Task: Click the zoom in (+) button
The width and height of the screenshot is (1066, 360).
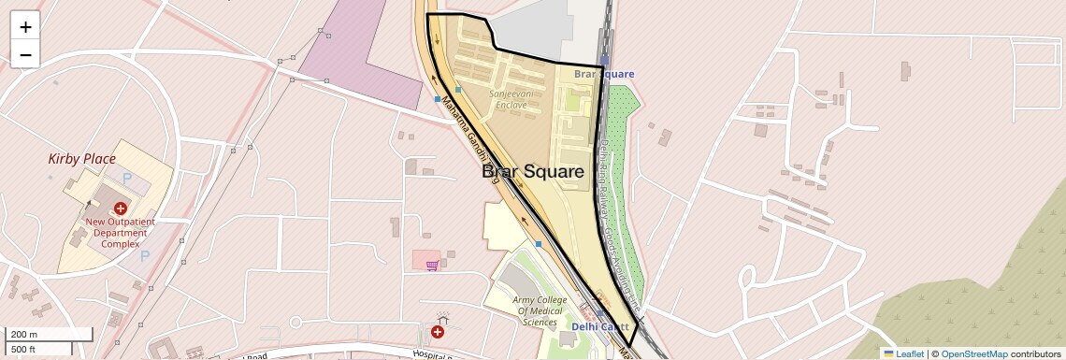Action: point(25,27)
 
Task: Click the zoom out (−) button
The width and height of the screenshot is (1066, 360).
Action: point(25,54)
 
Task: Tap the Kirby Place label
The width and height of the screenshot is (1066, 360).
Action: point(81,159)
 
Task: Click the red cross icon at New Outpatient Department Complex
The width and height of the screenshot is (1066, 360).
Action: point(120,209)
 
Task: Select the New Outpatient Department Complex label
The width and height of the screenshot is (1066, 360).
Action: point(120,233)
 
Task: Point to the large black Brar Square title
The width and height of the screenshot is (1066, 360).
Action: point(533,172)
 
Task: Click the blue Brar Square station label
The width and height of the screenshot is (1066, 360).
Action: point(604,73)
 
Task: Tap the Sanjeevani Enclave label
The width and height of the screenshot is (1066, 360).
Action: point(509,99)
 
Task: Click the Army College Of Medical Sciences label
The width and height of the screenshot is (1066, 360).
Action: point(540,311)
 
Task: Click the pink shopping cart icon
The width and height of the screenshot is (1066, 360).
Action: point(432,266)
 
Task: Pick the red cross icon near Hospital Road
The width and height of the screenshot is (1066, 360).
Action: point(438,332)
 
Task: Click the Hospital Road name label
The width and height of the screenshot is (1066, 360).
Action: point(432,354)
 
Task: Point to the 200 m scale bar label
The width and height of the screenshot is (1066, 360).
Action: point(25,334)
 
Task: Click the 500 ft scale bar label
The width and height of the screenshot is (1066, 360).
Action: point(23,350)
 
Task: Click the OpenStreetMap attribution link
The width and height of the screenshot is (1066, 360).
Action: point(973,353)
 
